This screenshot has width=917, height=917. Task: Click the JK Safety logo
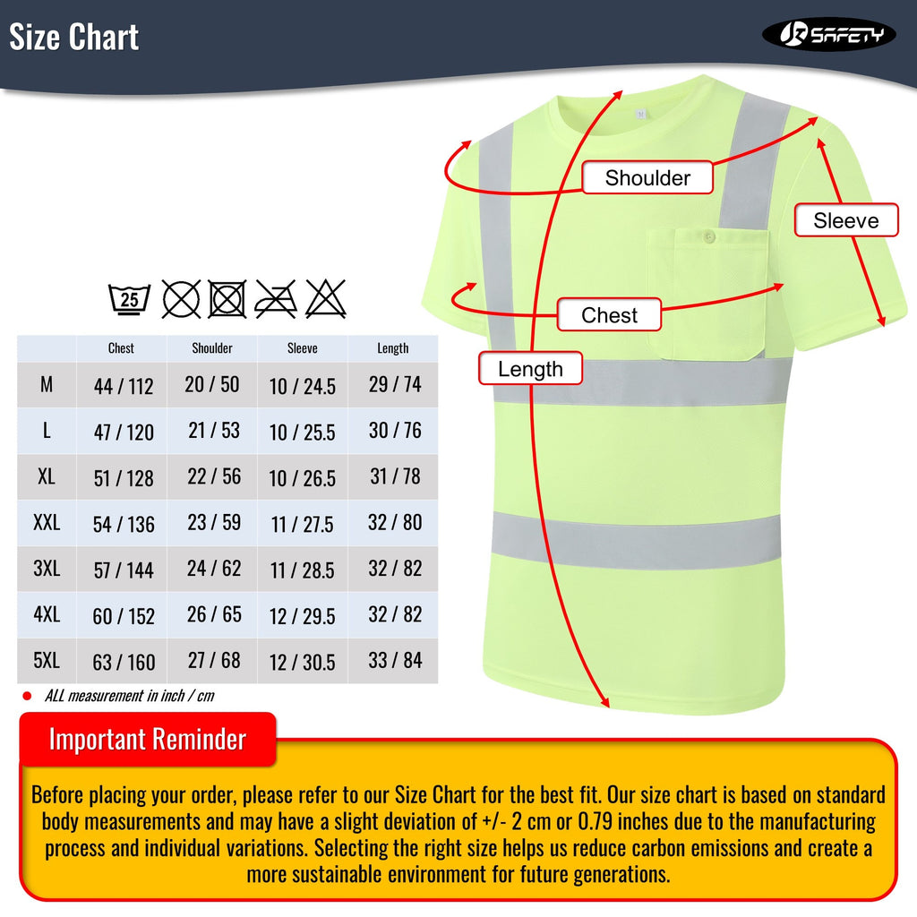(828, 35)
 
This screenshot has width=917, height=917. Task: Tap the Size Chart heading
(73, 38)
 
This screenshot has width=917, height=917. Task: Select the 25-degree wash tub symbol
(130, 298)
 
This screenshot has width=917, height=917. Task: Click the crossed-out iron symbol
(276, 298)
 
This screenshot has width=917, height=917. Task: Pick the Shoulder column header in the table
(212, 348)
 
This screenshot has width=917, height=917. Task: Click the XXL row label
(47, 523)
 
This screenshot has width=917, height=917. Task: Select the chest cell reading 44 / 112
(124, 386)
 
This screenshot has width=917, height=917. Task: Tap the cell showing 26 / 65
(214, 614)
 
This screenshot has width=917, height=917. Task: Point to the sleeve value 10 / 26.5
(303, 478)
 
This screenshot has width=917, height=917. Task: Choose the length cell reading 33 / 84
(395, 661)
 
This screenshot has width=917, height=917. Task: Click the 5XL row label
(47, 661)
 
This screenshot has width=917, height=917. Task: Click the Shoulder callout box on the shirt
(647, 177)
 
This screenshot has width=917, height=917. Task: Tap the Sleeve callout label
(846, 220)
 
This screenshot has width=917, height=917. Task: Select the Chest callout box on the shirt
(609, 315)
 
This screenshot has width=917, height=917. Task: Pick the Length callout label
(530, 369)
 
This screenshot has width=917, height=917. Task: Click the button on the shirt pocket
(708, 237)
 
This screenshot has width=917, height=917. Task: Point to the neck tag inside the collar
(640, 114)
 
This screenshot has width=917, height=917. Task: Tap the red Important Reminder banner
(148, 740)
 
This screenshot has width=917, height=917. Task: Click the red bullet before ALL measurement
(27, 696)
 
